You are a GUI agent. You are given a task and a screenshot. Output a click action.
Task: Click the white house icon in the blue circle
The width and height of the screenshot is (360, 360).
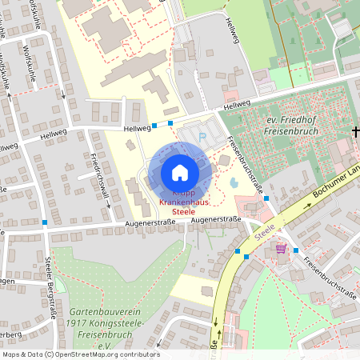coord(180,172)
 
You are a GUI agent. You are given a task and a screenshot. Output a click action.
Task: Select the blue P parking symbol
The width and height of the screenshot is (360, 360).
coord(202,137)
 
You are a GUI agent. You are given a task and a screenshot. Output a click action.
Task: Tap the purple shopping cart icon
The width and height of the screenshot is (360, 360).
coord(281,249)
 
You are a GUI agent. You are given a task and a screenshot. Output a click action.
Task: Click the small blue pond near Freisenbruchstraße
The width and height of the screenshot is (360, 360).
coord(234,182)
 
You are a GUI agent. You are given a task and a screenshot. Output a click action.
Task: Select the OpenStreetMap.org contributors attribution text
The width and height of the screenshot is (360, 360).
coord(112,354)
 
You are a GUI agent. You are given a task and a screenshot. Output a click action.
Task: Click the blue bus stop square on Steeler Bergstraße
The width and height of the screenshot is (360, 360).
coord(46,222)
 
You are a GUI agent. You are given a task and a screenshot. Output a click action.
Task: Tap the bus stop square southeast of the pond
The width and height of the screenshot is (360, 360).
coord(266,198)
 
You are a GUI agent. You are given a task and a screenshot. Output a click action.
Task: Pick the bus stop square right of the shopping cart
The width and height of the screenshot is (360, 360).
coord(296,250)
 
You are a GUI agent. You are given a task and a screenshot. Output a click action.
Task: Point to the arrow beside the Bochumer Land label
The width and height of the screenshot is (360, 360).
coord(304,206)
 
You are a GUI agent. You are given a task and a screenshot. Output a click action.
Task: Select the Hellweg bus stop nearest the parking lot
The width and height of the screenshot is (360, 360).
coord(170,123)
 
